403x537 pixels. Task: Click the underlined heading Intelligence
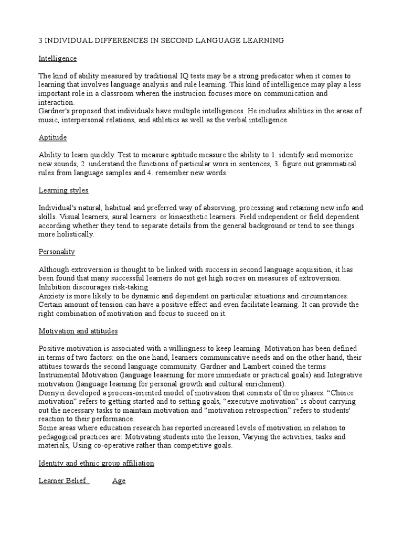58,58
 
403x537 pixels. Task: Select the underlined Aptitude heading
52,137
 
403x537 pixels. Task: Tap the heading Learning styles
63,190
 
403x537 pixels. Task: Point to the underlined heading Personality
57,252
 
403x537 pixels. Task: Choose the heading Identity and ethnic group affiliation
97,463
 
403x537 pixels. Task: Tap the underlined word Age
119,481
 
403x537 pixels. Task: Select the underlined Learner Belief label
63,481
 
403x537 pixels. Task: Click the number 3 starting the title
41,40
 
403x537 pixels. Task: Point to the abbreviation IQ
172,76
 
